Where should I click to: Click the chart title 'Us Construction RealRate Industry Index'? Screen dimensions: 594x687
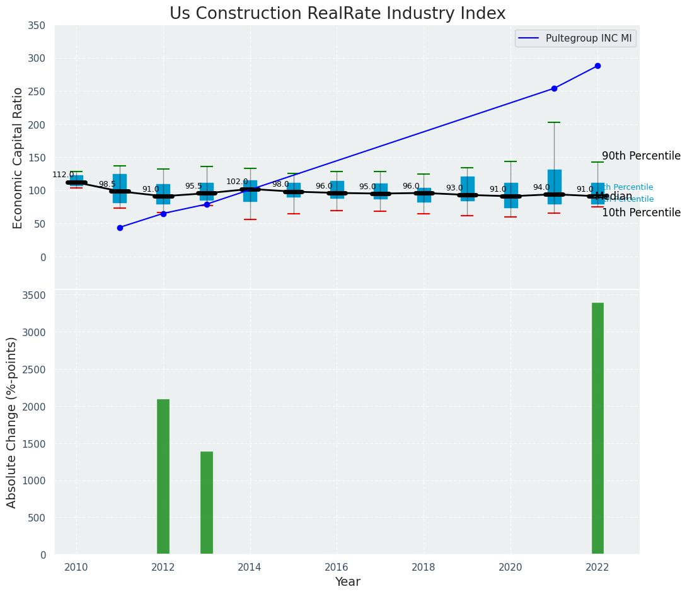337,14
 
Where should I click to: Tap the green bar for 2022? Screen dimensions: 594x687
598,429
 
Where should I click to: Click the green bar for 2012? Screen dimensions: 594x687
163,477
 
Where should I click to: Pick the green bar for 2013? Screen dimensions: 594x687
207,503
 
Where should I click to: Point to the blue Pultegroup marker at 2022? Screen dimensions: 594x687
598,66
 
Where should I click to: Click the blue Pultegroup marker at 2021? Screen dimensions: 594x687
554,88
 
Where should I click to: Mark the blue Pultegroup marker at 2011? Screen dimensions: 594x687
120,228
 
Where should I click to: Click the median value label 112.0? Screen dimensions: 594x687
63,175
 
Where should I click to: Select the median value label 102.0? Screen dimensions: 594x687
238,182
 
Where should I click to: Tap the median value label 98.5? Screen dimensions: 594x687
107,184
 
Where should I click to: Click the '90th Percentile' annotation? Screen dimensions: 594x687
641,156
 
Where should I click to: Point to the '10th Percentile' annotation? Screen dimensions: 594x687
641,213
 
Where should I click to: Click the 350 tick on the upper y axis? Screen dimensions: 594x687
37,25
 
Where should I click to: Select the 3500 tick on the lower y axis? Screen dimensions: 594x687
34,295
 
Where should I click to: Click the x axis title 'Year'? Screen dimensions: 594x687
347,582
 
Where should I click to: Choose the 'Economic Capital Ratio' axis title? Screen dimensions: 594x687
18,158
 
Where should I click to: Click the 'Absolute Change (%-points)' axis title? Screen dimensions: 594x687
12,422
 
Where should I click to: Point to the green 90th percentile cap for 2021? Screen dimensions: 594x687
554,122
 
